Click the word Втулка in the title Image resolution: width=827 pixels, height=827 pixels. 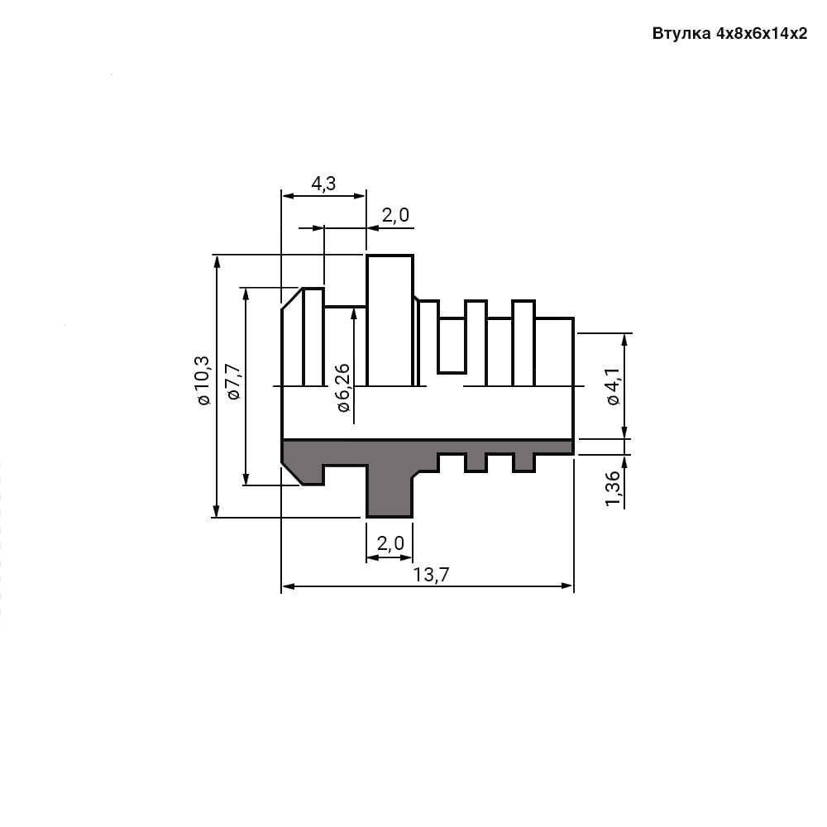tap(681, 35)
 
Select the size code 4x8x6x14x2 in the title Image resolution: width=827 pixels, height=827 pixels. tap(762, 35)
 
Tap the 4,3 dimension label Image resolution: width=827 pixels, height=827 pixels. tap(323, 184)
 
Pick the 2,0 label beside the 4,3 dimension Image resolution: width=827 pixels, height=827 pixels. tap(395, 216)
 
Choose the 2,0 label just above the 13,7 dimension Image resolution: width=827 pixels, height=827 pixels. tap(390, 543)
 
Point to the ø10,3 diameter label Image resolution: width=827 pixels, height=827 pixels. tap(202, 380)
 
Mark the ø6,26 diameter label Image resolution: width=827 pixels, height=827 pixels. tap(342, 388)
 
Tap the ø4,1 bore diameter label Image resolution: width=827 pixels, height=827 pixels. tap(613, 387)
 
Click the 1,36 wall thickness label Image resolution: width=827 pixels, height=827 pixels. tap(613, 490)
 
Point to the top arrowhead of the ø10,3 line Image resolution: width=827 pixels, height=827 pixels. tap(217, 261)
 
